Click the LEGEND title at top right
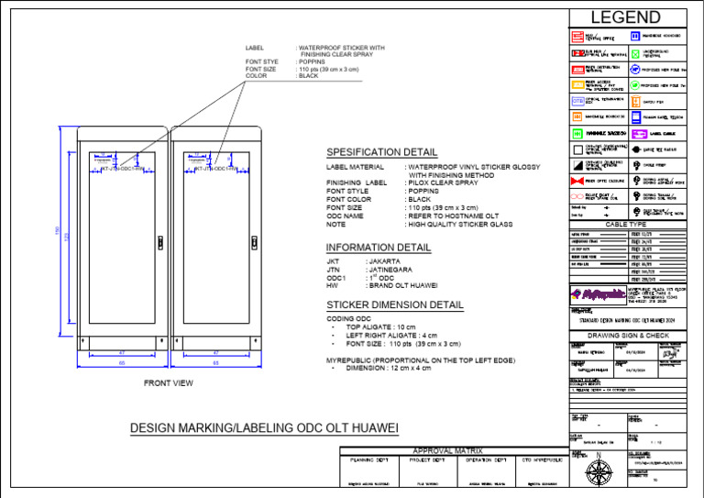tap(625, 17)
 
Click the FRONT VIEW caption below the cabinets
tap(169, 382)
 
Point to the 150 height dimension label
tap(57, 237)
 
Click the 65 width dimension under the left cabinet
tap(122, 363)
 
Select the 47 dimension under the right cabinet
tap(216, 352)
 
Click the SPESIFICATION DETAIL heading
tap(381, 151)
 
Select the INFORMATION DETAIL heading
tap(379, 248)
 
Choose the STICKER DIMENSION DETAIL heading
tap(395, 304)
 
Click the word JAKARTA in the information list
tap(387, 261)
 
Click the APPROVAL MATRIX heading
tap(448, 450)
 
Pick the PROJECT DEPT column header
tap(424, 459)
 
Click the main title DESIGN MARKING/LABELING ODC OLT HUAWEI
tap(264, 428)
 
